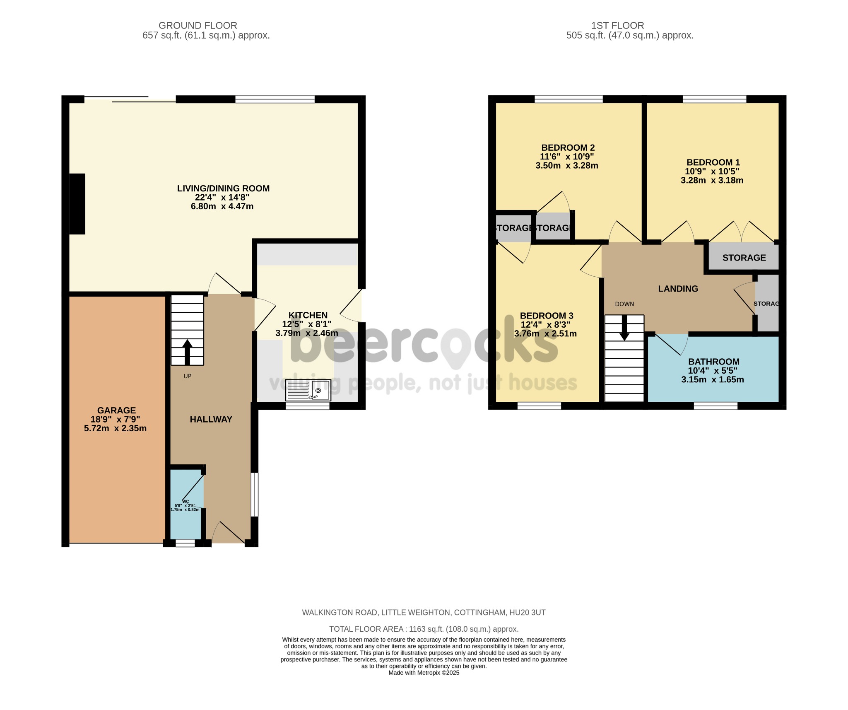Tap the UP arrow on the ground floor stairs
187,351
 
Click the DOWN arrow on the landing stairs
624,328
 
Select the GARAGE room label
116,410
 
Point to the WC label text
185,501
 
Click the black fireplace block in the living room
77,204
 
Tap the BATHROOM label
713,362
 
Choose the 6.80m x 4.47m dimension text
222,206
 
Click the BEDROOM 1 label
713,162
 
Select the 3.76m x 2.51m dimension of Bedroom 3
545,334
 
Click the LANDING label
678,289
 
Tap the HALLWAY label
211,419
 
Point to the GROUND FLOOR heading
198,25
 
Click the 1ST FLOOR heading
617,25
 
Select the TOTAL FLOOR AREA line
424,629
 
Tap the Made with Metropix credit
424,673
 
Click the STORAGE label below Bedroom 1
744,258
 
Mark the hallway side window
255,495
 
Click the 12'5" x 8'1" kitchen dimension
306,324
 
